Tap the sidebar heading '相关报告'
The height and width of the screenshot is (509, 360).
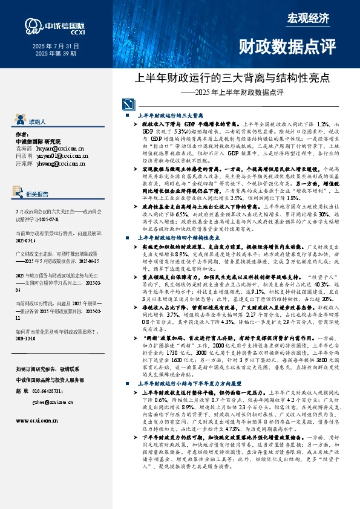42,194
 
